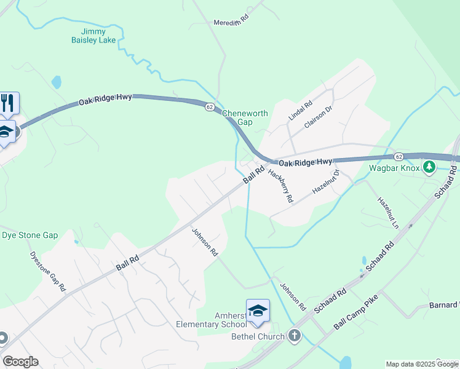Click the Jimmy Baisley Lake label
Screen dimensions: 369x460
pos(93,36)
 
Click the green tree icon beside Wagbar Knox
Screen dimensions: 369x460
pos(430,167)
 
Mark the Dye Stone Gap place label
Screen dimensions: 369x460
pos(30,235)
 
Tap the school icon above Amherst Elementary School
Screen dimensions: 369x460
pos(258,311)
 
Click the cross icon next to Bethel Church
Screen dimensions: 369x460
pos(295,336)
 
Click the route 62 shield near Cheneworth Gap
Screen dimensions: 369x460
pos(210,107)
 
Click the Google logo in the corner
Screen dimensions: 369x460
pos(20,362)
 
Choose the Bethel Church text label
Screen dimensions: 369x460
pos(258,336)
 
